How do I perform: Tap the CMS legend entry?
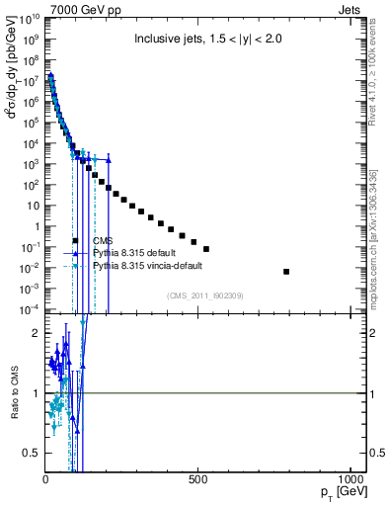106,240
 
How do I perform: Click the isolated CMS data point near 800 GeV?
286,271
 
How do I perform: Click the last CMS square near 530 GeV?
205,248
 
